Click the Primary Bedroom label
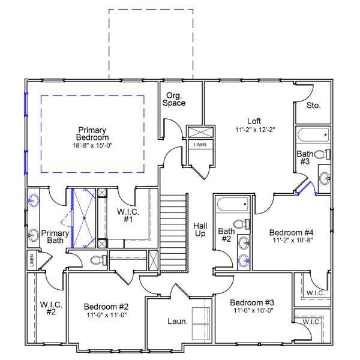click(92, 134)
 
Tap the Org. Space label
click(175, 98)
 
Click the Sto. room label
click(313, 105)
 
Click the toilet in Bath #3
click(321, 154)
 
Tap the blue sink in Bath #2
click(244, 260)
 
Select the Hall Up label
click(200, 229)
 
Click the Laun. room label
click(178, 321)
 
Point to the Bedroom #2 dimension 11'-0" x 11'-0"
click(106, 315)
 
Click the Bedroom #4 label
click(291, 232)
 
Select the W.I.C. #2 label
click(48, 308)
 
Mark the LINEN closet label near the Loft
click(199, 145)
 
